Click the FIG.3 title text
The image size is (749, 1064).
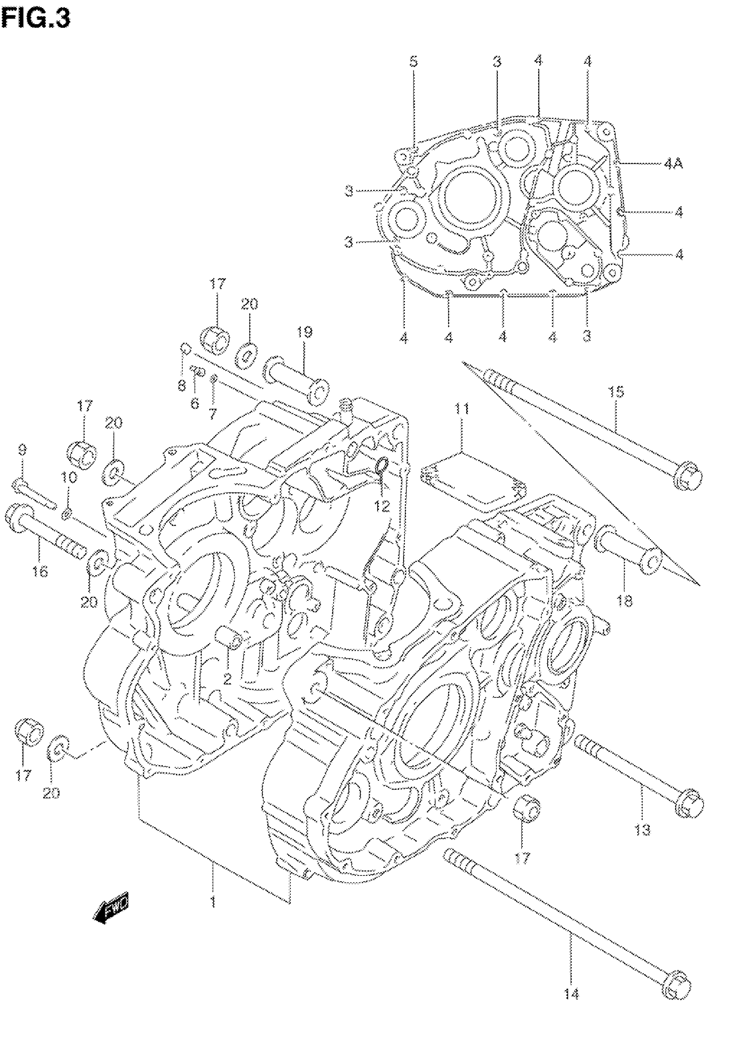point(36,19)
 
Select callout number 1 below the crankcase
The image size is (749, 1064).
point(213,901)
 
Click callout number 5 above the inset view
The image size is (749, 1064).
point(413,62)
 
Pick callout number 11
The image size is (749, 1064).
point(462,409)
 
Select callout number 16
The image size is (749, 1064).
point(41,572)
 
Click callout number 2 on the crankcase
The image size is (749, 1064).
point(226,680)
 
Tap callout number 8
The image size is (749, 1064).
point(181,385)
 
